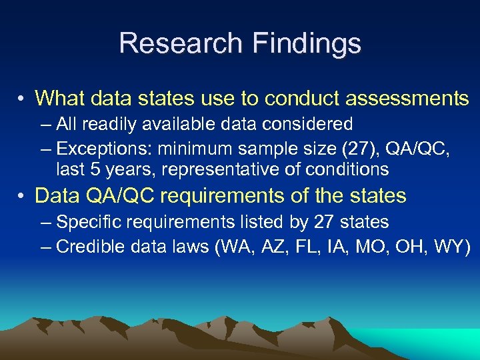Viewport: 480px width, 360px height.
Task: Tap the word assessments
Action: tap(409, 99)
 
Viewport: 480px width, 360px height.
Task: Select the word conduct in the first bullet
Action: tap(309, 99)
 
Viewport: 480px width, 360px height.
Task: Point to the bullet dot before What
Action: tap(22, 99)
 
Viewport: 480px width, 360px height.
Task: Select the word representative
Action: tap(213, 170)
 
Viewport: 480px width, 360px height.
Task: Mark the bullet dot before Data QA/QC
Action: tap(22, 196)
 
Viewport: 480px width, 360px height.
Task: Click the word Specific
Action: tap(83, 222)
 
